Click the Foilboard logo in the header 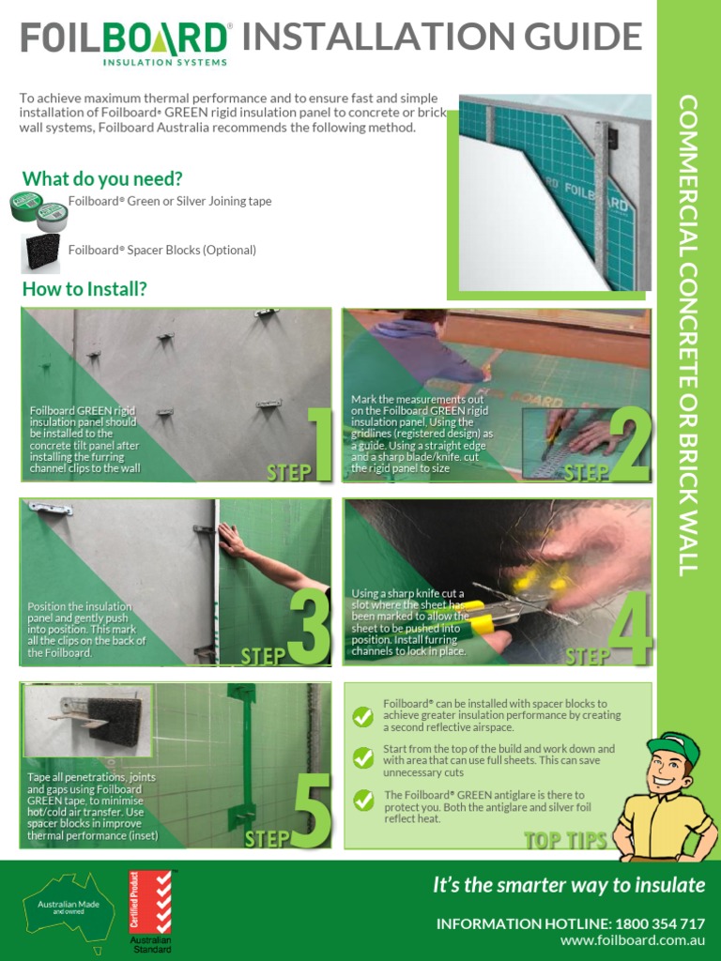126,42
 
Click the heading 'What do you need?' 102,178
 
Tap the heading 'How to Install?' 84,289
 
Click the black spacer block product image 41,252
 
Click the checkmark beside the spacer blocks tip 362,716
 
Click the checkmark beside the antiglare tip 362,800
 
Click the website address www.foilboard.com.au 632,940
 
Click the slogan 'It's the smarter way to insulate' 568,885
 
